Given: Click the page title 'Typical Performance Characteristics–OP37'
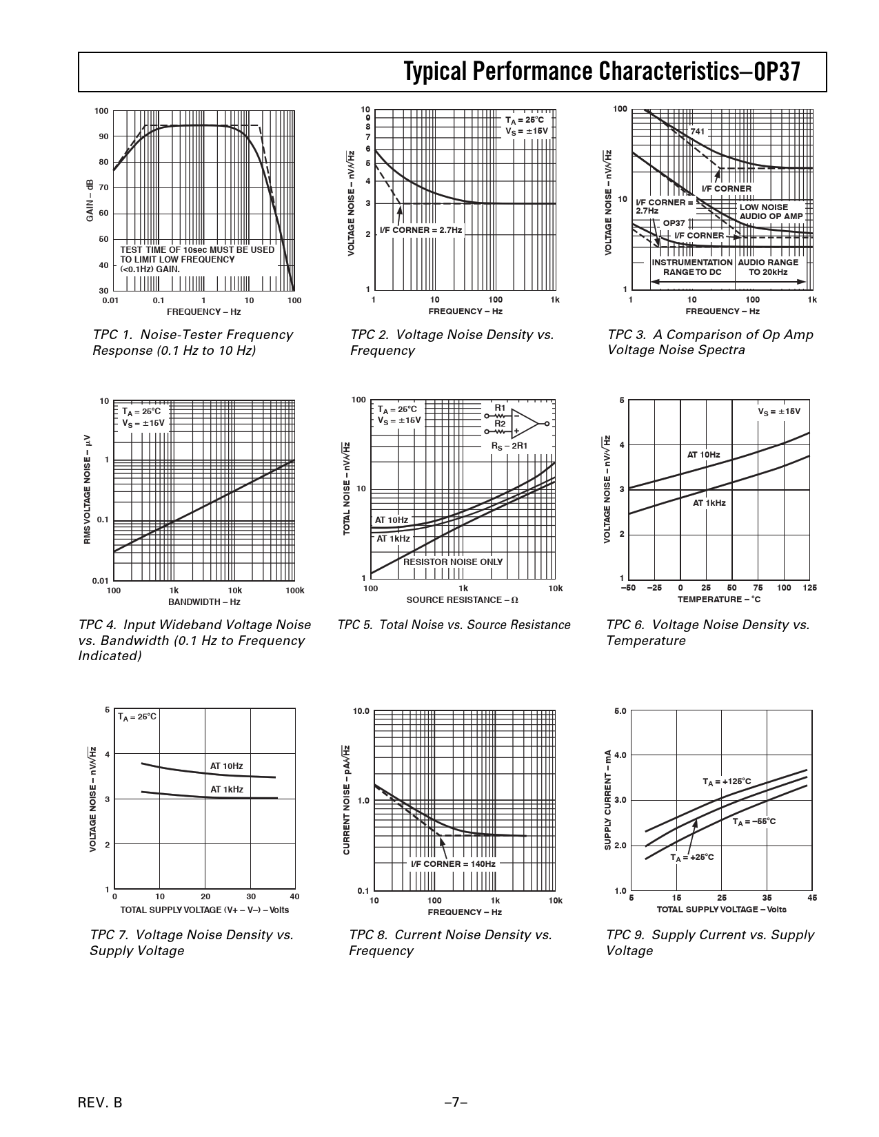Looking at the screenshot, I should coord(603,72).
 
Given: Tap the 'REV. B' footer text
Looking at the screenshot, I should coord(100,1103).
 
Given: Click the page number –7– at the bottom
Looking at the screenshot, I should coord(456,1103).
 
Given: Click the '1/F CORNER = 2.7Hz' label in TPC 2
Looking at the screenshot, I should coord(421,230).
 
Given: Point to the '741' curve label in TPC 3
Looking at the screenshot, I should coord(698,131).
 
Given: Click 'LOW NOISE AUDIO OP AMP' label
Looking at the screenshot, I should coord(771,212).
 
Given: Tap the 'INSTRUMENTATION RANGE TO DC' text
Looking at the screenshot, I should coord(691,267).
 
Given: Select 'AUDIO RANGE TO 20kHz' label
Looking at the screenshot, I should coord(768,267).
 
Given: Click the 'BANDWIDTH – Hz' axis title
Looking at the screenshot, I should coord(204,602).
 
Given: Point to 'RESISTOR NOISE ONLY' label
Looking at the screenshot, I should coord(453,562).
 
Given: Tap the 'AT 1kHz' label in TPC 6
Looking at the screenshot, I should coord(709,503).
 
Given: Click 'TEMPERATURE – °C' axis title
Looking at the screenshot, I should coord(718,600).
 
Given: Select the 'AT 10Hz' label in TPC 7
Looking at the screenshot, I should coord(226,766).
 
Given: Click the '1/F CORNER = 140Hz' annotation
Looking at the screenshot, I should coord(453,864).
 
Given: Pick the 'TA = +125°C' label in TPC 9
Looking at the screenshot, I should coord(727,782).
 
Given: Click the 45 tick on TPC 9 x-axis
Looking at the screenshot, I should coord(812,897).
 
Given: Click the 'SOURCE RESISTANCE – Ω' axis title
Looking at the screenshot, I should coord(462,600).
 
